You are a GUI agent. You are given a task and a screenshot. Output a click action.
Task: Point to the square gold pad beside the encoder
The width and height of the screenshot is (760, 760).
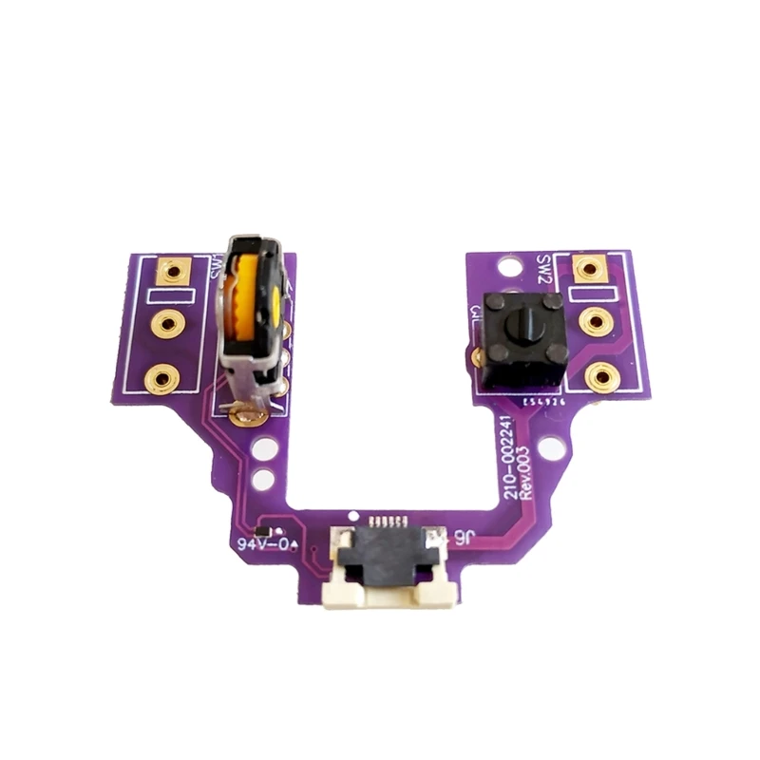[x=172, y=273]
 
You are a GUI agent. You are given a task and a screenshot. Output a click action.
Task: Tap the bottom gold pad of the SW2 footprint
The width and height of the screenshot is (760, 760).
[x=600, y=378]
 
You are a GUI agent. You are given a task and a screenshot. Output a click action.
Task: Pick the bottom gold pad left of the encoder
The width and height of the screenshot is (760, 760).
[x=161, y=381]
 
